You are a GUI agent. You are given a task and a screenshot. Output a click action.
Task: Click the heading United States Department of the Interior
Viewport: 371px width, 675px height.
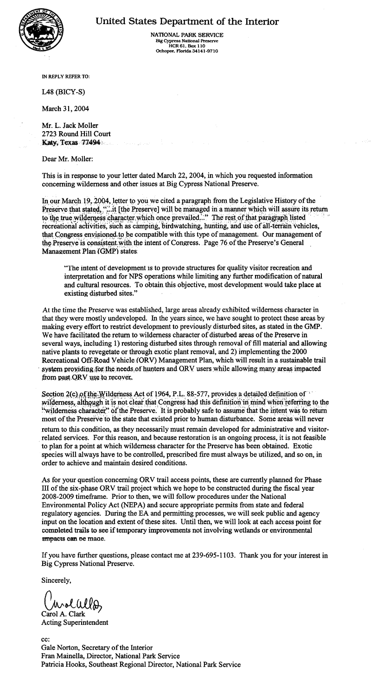[x=187, y=22]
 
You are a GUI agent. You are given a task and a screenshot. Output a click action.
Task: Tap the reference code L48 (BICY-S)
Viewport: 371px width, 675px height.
[x=64, y=92]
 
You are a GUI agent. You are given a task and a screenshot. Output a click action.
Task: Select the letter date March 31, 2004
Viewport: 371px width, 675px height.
[x=65, y=109]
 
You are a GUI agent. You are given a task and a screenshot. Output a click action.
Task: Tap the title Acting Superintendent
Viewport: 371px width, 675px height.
[x=75, y=622]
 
